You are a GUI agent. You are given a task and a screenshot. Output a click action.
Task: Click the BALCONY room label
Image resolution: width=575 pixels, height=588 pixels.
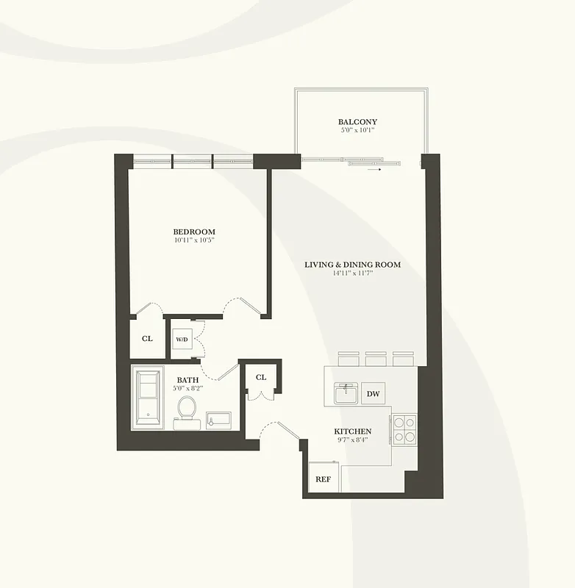358,121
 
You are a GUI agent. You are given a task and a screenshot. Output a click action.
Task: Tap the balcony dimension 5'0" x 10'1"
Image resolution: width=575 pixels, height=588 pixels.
358,132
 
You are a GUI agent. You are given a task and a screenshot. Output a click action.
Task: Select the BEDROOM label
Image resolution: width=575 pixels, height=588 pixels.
195,232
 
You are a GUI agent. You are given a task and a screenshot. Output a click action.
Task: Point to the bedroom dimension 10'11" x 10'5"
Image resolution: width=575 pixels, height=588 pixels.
195,240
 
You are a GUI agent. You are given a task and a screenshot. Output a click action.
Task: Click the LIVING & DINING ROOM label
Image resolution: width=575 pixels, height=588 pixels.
353,265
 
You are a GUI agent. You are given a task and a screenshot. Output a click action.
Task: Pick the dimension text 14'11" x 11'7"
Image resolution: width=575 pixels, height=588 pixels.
353,274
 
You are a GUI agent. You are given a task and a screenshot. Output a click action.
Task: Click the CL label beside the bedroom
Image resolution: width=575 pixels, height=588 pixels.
147,339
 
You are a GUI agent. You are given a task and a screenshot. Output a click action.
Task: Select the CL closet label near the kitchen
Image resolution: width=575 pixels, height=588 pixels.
261,377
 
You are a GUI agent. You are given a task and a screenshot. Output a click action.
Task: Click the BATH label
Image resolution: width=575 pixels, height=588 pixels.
187,379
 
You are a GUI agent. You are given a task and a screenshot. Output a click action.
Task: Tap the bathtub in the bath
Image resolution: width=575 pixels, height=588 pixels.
151,398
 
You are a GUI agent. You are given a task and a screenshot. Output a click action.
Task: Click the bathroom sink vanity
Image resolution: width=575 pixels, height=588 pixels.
218,420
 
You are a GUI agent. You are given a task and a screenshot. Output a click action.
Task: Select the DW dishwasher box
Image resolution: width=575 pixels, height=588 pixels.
374,394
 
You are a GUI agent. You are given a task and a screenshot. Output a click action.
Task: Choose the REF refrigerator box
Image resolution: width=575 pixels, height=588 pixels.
323,478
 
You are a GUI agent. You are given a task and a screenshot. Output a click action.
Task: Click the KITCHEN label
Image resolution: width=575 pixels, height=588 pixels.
353,431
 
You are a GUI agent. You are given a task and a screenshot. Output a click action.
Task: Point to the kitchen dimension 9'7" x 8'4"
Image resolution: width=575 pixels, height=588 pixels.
353,441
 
